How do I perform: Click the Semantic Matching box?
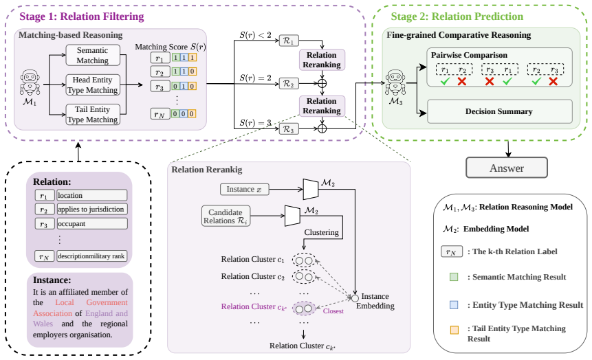[x=93, y=55]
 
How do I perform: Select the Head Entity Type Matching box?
[x=93, y=85]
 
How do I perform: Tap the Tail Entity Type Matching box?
[x=93, y=114]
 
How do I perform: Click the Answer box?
[x=507, y=168]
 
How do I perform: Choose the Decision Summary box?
[x=499, y=111]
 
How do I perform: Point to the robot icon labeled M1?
[x=30, y=82]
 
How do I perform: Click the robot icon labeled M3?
[x=395, y=82]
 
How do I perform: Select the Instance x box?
[x=244, y=189]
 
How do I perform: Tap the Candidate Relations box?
[x=226, y=216]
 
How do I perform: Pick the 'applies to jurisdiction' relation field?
[x=92, y=209]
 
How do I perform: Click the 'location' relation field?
[x=92, y=195]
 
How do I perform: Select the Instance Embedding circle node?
[x=355, y=298]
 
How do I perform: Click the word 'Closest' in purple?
[x=333, y=311]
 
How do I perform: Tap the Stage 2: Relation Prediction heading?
[x=457, y=16]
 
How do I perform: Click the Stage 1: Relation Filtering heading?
[x=82, y=16]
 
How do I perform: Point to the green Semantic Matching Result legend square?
[x=454, y=277]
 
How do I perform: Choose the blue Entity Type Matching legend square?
[x=454, y=305]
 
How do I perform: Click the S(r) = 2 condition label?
[x=255, y=78]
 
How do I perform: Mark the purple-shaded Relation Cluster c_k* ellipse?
[x=304, y=308]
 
